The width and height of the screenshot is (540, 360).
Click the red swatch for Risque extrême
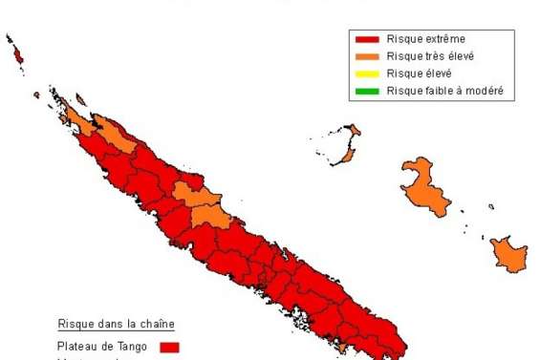368,40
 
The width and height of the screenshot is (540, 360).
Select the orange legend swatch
368,56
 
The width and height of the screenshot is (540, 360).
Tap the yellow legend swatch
368,74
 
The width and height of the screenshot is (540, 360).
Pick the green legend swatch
368,91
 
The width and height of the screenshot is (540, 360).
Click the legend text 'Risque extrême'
426,40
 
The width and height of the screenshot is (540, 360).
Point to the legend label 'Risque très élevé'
431,56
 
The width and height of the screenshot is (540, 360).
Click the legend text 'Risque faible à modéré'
445,91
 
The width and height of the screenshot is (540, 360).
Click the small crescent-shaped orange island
350,146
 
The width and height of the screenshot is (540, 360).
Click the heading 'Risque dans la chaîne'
116,324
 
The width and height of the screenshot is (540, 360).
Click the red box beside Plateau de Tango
169,348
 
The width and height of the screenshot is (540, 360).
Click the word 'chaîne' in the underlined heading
156,324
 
